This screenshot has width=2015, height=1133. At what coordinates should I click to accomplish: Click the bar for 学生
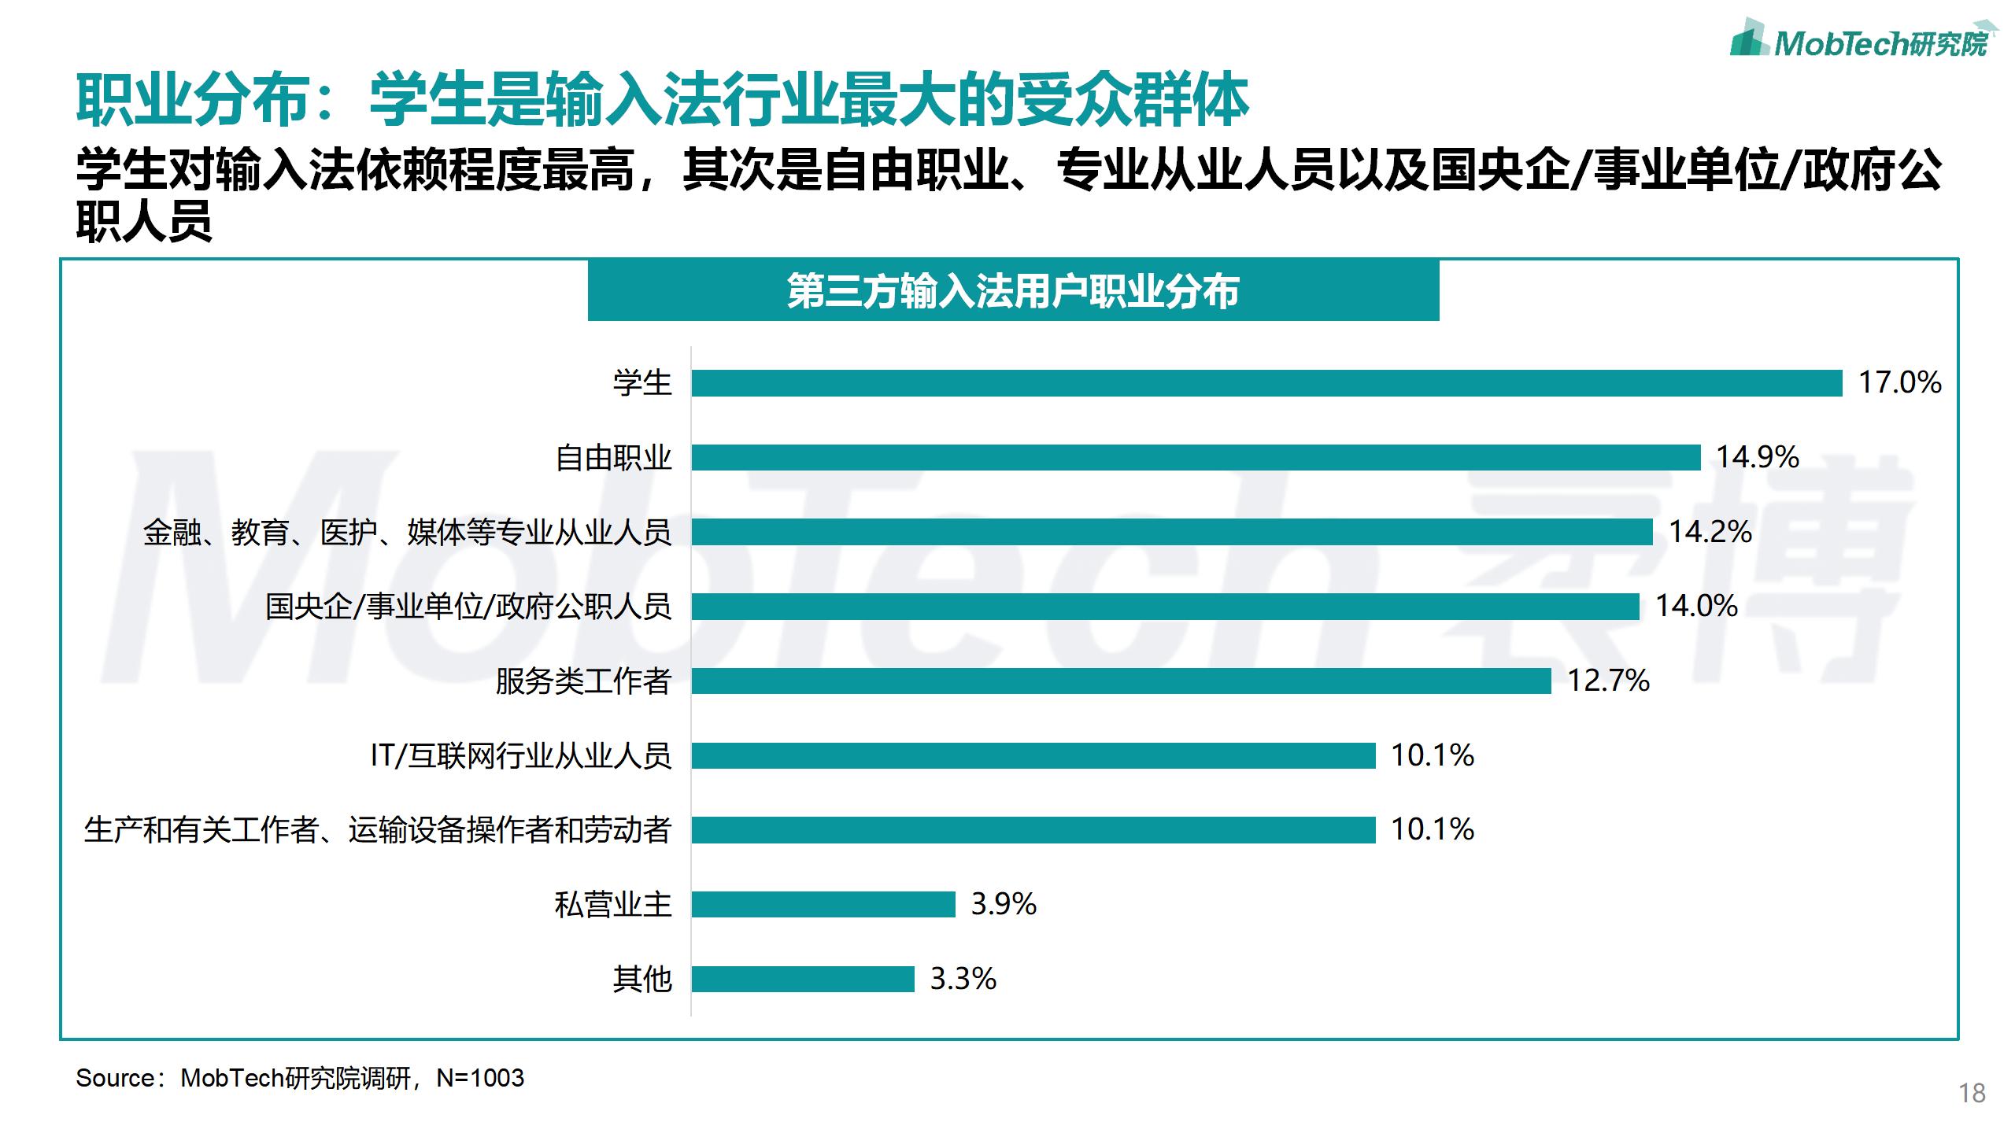(x=1266, y=383)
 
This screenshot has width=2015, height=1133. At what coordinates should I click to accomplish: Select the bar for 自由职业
(x=1196, y=457)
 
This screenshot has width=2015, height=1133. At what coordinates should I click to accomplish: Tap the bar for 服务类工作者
(x=1121, y=681)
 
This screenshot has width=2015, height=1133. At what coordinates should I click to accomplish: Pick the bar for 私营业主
(x=823, y=904)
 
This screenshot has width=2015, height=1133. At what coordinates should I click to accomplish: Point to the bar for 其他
(x=803, y=979)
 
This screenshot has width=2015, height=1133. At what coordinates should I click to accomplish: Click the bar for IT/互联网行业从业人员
(x=1033, y=755)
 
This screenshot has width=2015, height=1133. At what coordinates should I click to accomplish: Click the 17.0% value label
(x=1899, y=383)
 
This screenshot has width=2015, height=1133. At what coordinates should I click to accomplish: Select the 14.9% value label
(x=1758, y=457)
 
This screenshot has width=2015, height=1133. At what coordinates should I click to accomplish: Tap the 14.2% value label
(x=1710, y=532)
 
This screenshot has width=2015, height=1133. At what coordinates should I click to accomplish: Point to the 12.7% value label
(x=1608, y=681)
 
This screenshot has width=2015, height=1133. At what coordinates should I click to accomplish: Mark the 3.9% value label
(x=1004, y=904)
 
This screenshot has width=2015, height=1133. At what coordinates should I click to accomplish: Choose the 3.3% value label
(x=963, y=979)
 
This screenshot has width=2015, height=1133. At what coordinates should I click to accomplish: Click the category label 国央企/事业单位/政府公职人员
(x=468, y=607)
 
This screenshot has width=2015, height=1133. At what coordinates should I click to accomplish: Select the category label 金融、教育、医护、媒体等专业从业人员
(x=407, y=533)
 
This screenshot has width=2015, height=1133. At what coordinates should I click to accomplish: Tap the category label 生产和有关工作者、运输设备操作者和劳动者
(x=377, y=830)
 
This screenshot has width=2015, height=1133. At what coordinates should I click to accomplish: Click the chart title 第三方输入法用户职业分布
(x=1013, y=291)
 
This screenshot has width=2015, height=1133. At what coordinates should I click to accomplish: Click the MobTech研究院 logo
(x=1861, y=39)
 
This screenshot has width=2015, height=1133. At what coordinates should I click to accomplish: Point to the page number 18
(x=1972, y=1093)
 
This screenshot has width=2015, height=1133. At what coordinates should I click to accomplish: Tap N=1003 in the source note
(x=480, y=1078)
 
